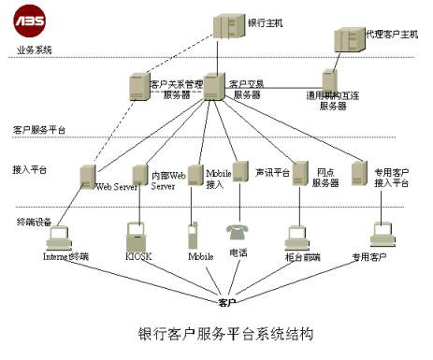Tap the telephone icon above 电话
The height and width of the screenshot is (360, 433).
235,230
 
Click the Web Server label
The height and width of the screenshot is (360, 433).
118,187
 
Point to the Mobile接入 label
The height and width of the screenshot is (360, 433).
218,179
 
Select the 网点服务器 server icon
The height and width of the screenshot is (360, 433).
301,173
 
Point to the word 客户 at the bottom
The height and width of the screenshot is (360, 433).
226,301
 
